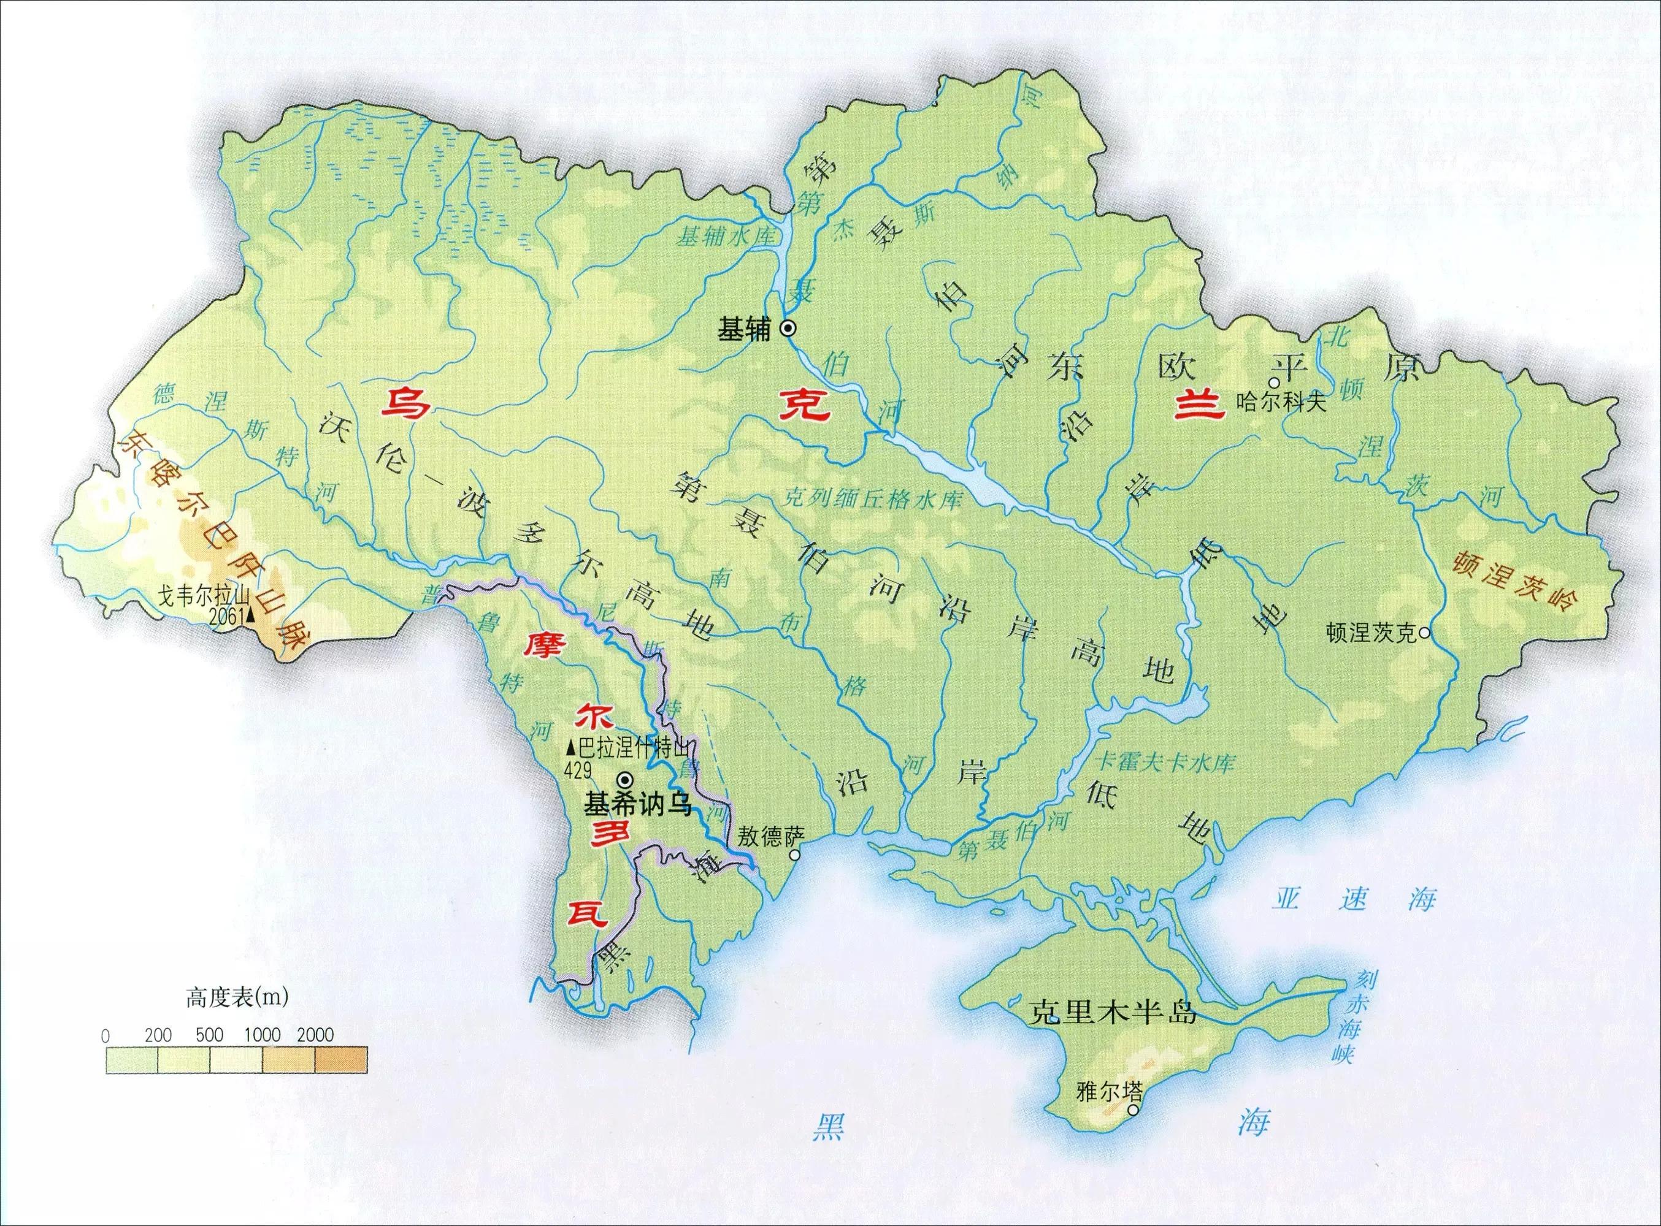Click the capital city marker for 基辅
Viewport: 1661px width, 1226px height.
pyautogui.click(x=788, y=328)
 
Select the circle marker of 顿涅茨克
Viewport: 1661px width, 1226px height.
pyautogui.click(x=1424, y=633)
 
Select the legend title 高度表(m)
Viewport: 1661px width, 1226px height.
pyautogui.click(x=237, y=997)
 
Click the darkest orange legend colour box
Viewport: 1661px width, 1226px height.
pyautogui.click(x=341, y=1060)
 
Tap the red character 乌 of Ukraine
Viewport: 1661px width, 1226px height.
pyautogui.click(x=405, y=405)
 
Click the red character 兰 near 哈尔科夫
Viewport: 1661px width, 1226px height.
pyautogui.click(x=1199, y=406)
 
